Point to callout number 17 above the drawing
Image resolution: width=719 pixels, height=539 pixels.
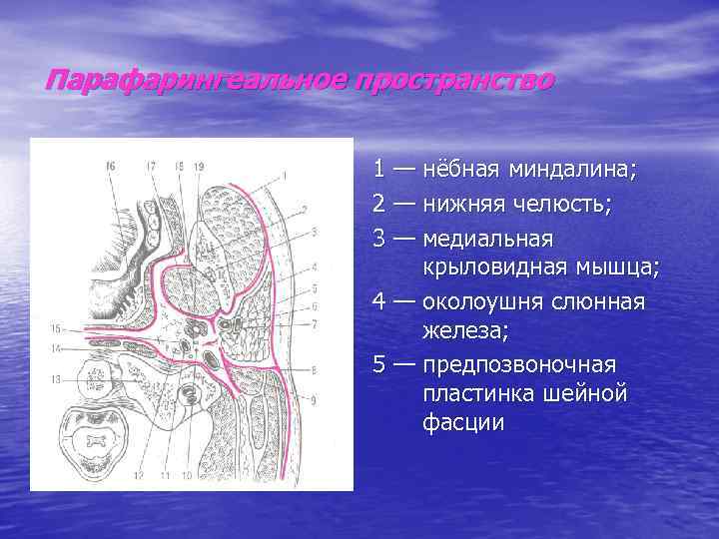[151, 166]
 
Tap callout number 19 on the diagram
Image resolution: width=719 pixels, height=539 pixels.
[199, 166]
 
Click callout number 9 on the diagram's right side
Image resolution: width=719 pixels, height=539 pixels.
[315, 400]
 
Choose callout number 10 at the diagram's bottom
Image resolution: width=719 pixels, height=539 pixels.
[187, 476]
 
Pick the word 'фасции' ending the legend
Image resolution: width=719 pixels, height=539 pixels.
[463, 423]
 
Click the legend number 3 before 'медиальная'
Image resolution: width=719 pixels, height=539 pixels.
[380, 240]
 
